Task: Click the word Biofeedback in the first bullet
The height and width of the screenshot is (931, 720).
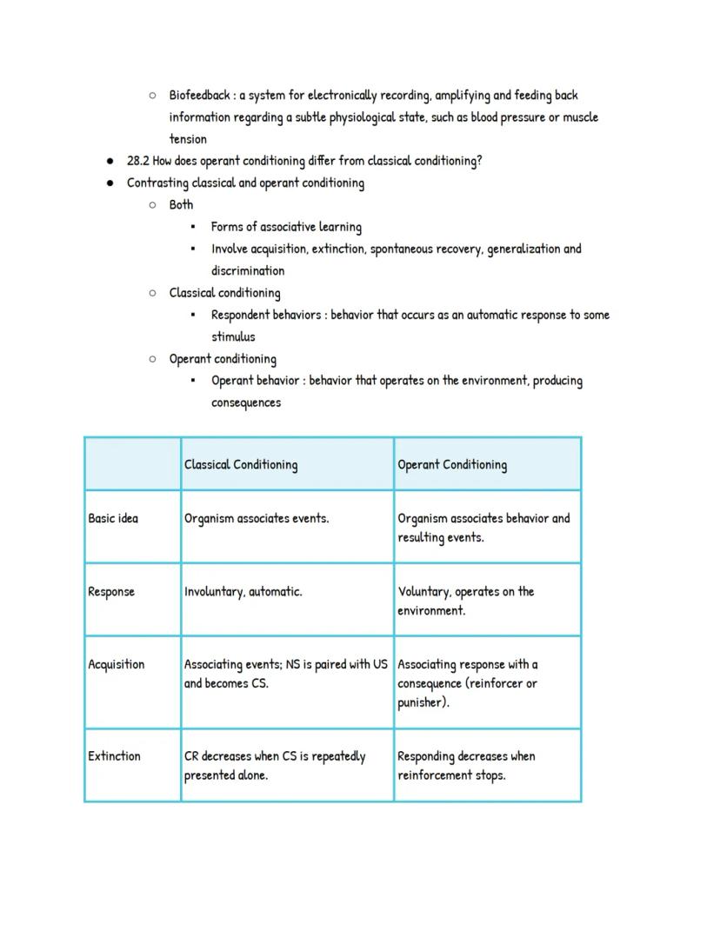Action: click(x=199, y=95)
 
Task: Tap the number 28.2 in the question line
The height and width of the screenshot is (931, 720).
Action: click(x=138, y=161)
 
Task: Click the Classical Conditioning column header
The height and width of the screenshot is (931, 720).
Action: click(x=240, y=464)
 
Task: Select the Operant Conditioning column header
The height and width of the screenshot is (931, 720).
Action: click(x=451, y=464)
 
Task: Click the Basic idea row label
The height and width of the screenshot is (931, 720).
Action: click(x=113, y=519)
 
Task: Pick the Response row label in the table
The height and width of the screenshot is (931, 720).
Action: click(x=111, y=592)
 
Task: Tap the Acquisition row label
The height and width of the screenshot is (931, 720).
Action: click(x=116, y=665)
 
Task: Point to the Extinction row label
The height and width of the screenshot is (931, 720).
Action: click(x=114, y=756)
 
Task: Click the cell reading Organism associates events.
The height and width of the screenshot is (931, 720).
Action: click(x=256, y=519)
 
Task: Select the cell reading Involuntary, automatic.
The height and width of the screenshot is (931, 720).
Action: click(x=243, y=592)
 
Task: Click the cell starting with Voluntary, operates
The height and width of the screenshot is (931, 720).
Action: click(x=465, y=601)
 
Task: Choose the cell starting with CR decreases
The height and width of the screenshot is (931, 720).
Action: click(x=274, y=765)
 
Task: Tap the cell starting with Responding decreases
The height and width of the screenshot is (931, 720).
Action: click(x=466, y=765)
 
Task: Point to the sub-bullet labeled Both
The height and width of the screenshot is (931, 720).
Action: click(x=181, y=205)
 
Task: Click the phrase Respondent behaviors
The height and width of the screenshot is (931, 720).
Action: click(x=265, y=315)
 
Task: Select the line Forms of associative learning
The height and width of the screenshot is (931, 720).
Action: click(x=286, y=227)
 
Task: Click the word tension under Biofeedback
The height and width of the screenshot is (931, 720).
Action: click(x=188, y=139)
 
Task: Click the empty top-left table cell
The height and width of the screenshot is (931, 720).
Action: click(x=132, y=464)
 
